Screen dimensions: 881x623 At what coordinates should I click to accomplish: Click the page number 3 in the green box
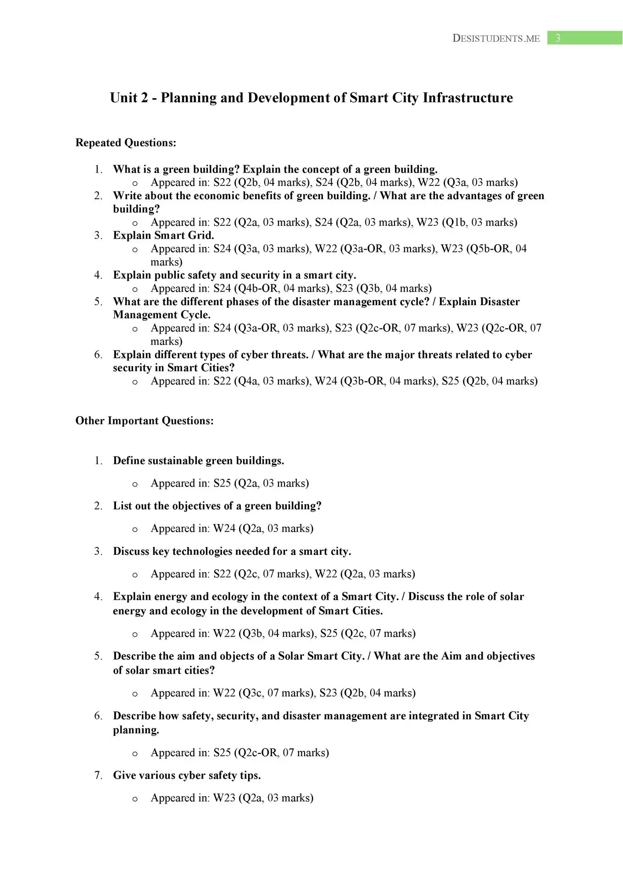click(x=558, y=38)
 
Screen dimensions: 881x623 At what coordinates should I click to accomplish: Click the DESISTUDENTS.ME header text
click(x=496, y=39)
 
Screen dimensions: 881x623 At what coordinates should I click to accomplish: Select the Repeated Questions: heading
click(x=126, y=143)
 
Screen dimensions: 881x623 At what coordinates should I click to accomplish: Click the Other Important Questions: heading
click(x=145, y=421)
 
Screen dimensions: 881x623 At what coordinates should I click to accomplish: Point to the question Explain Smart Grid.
click(x=163, y=235)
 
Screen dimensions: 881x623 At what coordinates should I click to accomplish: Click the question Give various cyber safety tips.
click(x=187, y=775)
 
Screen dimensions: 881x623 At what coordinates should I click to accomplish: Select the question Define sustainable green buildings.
click(x=198, y=460)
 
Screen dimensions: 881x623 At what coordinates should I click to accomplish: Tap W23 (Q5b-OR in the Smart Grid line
click(x=476, y=249)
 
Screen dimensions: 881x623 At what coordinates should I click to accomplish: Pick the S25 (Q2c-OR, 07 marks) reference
click(x=271, y=753)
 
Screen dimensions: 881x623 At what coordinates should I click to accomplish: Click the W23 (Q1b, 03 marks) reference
click(x=467, y=223)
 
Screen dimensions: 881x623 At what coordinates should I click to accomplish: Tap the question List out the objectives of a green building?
click(x=217, y=506)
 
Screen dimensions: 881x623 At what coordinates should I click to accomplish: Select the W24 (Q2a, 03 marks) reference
click(x=263, y=528)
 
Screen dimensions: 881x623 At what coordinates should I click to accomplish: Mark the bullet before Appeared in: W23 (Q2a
click(x=135, y=799)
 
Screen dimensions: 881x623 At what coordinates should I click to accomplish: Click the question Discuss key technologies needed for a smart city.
click(x=232, y=551)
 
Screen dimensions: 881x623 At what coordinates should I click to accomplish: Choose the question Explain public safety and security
click(x=234, y=275)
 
